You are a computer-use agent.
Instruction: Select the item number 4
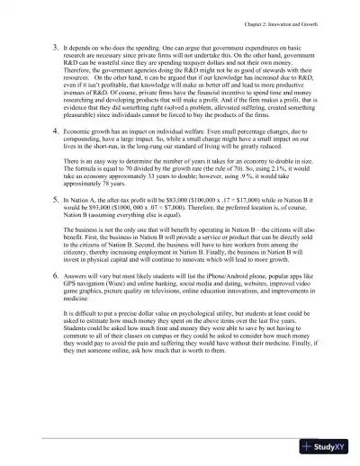click(55, 157)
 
